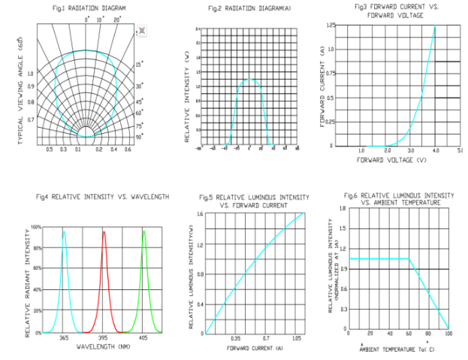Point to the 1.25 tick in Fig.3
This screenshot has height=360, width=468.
pos(330,25)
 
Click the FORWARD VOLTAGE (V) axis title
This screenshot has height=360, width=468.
pos(392,160)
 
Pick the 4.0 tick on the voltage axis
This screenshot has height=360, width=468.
pos(435,151)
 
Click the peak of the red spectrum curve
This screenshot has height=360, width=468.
pos(104,232)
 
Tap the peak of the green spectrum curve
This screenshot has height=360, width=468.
pos(143,232)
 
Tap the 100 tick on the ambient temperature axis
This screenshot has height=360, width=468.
pos(448,334)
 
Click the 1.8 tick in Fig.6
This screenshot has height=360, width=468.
pos(343,207)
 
